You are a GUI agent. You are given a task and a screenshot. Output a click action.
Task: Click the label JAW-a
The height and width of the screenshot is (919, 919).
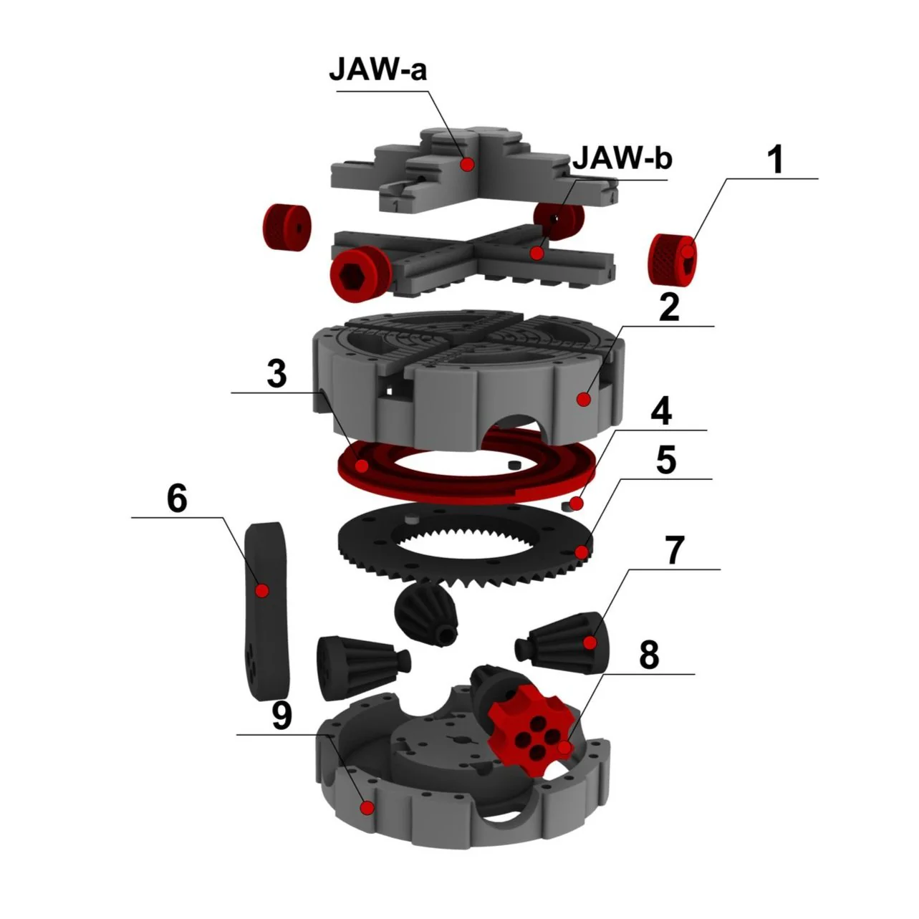point(377,70)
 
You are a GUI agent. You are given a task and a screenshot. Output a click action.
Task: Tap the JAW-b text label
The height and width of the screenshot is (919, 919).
point(622,158)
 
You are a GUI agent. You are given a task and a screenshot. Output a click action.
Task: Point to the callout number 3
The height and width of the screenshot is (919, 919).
point(276,375)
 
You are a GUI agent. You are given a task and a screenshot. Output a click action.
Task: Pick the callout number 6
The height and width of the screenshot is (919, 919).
point(176,499)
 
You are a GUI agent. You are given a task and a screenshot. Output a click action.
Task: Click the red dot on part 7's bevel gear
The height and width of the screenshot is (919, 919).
point(590,643)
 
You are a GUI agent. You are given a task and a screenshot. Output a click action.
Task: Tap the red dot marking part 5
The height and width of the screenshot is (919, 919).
point(582,552)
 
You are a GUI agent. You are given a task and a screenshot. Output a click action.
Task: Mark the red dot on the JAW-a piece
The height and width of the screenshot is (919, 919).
point(467,165)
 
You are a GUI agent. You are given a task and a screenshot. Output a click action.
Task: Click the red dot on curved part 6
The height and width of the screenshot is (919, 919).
point(262,591)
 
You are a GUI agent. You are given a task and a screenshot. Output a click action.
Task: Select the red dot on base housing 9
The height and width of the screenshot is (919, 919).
point(367,807)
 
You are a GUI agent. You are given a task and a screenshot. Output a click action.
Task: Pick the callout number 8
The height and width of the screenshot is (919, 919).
point(649,655)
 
